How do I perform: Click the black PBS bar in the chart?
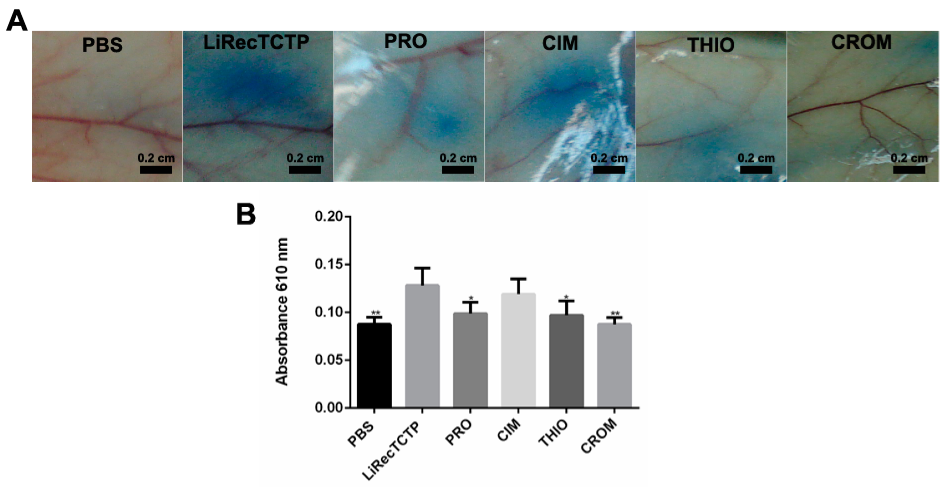pyautogui.click(x=374, y=365)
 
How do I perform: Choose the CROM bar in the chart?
pyautogui.click(x=614, y=365)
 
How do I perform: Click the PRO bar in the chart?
pyautogui.click(x=471, y=360)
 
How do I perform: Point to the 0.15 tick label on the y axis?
pyautogui.click(x=330, y=265)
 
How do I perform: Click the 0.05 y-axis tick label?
pyautogui.click(x=330, y=360)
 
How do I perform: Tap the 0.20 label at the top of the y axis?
pyautogui.click(x=330, y=217)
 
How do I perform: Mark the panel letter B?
pyautogui.click(x=246, y=214)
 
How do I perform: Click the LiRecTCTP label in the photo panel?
pyautogui.click(x=256, y=42)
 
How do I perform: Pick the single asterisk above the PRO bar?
pyautogui.click(x=471, y=298)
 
